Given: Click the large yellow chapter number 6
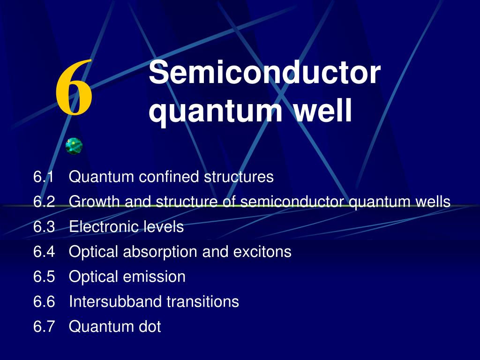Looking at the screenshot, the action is click(x=74, y=87).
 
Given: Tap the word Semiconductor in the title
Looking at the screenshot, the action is click(x=264, y=72).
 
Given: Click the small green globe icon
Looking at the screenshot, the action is click(x=74, y=146).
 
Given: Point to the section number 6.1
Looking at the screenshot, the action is click(x=44, y=177).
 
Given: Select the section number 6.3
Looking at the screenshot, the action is click(x=44, y=226).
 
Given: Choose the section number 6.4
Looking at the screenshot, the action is click(x=44, y=252).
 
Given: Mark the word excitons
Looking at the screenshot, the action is click(x=262, y=252).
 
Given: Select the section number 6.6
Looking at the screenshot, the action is click(x=44, y=301).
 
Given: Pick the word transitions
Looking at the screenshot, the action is click(x=202, y=301).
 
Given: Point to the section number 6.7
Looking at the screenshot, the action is click(x=44, y=326).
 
